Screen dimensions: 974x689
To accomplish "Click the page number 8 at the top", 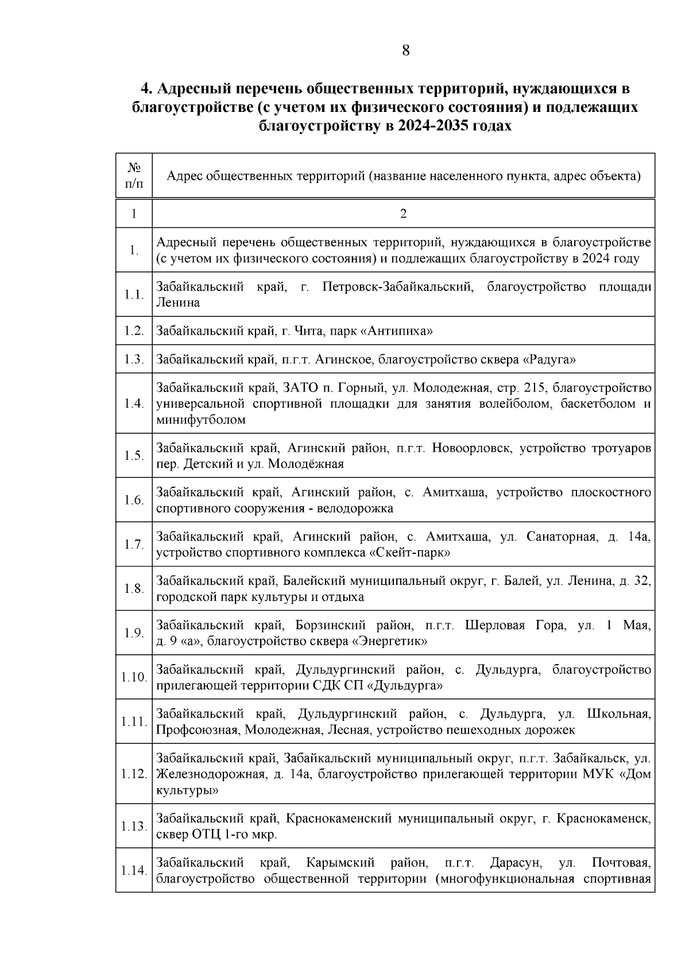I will [405, 51].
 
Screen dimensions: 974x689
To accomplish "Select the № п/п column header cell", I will [134, 175].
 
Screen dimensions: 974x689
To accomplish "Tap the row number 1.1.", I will [134, 294].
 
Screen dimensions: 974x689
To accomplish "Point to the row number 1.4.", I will [134, 403].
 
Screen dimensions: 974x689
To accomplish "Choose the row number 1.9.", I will [134, 632].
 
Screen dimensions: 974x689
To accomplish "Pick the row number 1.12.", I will [134, 774].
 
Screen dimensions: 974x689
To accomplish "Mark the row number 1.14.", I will [134, 870].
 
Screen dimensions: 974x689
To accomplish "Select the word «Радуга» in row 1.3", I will [549, 360].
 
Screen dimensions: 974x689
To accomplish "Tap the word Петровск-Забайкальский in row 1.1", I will [398, 286].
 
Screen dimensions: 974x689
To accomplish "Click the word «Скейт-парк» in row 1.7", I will [409, 553].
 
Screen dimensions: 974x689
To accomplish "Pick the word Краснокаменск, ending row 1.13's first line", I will [604, 818].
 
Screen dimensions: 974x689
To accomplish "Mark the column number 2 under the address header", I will [403, 214].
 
